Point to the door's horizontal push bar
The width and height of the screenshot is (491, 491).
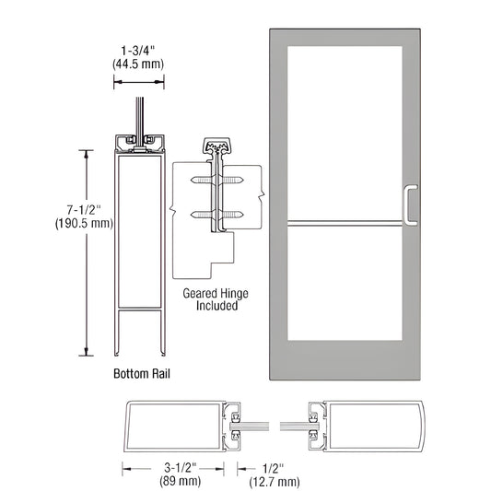point(346,220)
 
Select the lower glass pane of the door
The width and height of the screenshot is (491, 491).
point(343,280)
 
